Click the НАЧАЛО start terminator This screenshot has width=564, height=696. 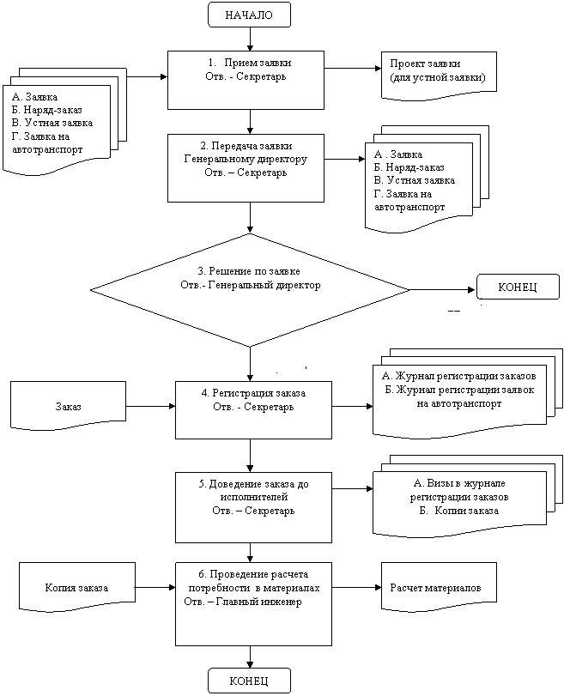point(249,15)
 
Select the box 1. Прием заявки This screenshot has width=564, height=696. point(246,80)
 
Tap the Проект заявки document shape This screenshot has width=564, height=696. point(439,75)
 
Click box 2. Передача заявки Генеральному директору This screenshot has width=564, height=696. point(246,168)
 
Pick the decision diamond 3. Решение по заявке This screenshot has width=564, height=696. point(250,290)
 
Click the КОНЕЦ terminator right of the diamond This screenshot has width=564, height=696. point(518,287)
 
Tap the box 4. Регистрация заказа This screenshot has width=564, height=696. point(253,409)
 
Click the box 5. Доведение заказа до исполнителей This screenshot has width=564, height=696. point(253,507)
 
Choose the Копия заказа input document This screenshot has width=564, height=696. point(76,588)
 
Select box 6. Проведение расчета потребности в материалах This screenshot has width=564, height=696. point(253,603)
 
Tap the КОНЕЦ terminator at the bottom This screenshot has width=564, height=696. point(249,681)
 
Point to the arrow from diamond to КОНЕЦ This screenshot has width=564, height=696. point(443,290)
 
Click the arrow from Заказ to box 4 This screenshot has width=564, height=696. point(151,406)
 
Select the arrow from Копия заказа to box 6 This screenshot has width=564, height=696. point(155,588)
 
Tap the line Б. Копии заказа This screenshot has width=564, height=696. point(459,511)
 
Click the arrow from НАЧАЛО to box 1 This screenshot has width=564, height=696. point(250,39)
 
